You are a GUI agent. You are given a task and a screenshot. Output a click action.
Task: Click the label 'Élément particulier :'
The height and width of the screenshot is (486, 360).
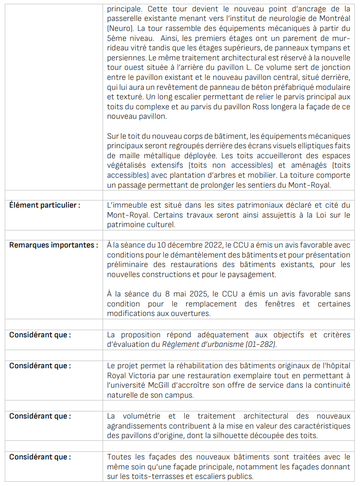(x=45, y=205)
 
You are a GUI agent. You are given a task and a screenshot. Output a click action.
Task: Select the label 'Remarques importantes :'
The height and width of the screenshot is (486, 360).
(x=54, y=245)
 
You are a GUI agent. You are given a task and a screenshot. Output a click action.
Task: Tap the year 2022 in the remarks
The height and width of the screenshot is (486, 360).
(x=212, y=245)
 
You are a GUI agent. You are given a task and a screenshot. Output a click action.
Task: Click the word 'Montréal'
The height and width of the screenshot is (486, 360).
(x=334, y=18)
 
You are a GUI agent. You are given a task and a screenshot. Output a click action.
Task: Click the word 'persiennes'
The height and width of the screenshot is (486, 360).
(x=124, y=58)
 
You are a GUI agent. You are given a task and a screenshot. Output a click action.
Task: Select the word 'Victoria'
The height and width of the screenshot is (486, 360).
(x=138, y=375)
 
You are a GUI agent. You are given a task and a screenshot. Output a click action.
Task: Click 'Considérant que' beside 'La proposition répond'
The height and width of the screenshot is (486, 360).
(x=40, y=335)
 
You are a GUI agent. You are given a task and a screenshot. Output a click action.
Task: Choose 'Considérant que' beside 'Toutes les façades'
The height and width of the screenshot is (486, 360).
(x=40, y=457)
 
